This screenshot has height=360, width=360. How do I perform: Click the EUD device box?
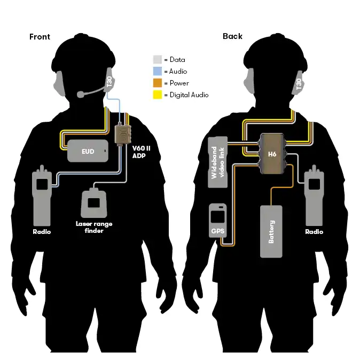pyautogui.click(x=88, y=151)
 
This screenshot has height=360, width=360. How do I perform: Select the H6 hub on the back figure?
pyautogui.click(x=272, y=153)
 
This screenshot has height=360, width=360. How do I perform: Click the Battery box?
pyautogui.click(x=271, y=231)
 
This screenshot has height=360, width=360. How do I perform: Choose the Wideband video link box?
pyautogui.click(x=217, y=161)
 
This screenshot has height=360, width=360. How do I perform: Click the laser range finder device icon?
pyautogui.click(x=96, y=201)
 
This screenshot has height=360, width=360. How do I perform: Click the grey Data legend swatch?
pyautogui.click(x=157, y=60)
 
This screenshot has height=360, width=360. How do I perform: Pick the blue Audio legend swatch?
pyautogui.click(x=157, y=72)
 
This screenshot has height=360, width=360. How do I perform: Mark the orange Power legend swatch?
pyautogui.click(x=157, y=83)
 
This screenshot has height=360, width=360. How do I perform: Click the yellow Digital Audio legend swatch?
pyautogui.click(x=157, y=95)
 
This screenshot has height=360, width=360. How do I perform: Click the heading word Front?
pyautogui.click(x=40, y=37)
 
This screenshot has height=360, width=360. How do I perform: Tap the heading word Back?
pyautogui.click(x=232, y=36)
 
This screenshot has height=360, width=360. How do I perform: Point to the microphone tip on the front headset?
pyautogui.click(x=80, y=95)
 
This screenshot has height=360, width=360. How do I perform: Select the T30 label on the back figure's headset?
pyautogui.click(x=299, y=83)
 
